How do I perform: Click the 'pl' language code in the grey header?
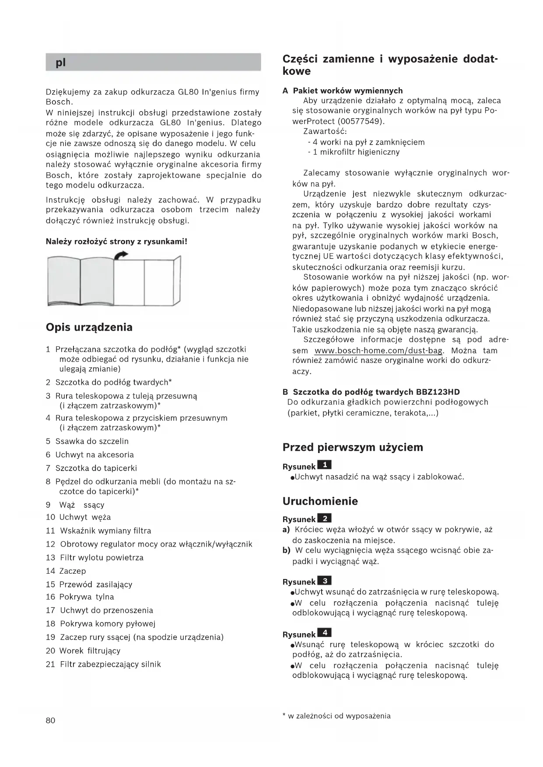61,63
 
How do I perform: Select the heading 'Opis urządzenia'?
89,328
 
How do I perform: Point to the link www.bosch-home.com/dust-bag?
378,351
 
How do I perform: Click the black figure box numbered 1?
324,465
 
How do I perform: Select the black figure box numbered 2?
324,519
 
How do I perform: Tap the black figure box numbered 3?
324,581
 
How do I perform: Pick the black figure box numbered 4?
324,633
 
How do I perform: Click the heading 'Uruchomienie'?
320,501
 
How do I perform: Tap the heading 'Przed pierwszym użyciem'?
353,447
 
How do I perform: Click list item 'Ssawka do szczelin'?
92,441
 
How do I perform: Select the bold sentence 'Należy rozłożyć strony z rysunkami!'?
117,241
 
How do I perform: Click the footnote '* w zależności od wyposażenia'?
336,716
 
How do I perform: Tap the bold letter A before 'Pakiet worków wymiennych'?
285,91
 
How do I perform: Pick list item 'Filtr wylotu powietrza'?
102,558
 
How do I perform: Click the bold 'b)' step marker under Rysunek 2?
287,551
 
